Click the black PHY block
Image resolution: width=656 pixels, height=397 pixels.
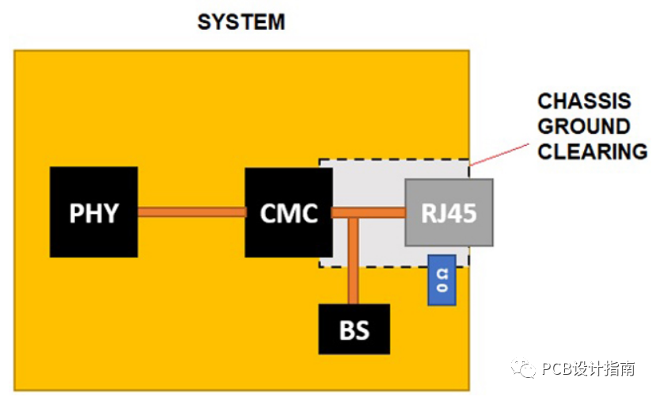(93, 212)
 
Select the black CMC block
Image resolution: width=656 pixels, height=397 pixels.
(289, 212)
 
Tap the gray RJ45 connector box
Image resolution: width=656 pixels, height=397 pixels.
(449, 212)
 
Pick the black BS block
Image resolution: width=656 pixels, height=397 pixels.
(355, 329)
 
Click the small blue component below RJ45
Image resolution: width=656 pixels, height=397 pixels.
(442, 280)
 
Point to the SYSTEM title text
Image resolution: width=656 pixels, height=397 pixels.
(241, 21)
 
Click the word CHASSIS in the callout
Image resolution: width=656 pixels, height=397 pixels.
(584, 101)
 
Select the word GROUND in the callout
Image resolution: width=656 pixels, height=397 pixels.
(584, 127)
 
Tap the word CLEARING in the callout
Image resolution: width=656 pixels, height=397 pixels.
(593, 151)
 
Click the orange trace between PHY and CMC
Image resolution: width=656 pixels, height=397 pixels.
(191, 212)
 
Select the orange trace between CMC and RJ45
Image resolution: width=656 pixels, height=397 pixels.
(369, 212)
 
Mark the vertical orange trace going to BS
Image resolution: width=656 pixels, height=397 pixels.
(354, 261)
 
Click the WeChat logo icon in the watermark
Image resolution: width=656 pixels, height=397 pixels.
(523, 368)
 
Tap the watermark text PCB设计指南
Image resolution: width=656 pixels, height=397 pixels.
(588, 368)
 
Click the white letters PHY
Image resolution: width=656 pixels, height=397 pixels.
(93, 213)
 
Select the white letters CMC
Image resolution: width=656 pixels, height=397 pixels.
(289, 213)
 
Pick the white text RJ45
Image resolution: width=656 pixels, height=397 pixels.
(449, 212)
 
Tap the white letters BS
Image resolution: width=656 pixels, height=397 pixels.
(355, 330)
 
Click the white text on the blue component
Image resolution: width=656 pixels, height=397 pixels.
(442, 281)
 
